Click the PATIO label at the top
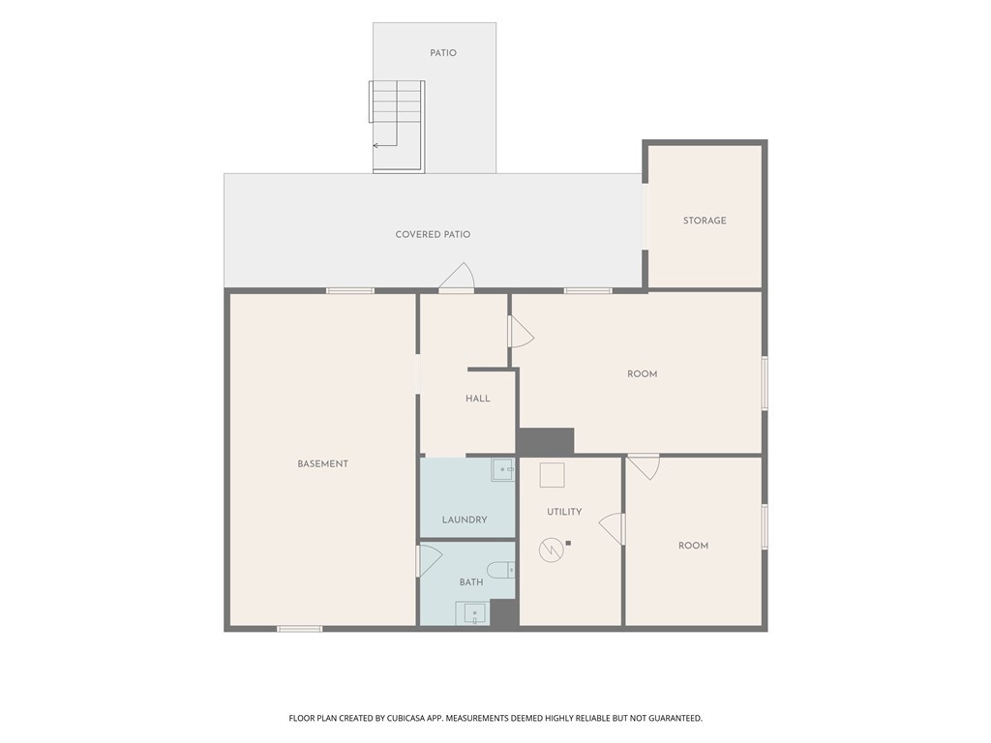coord(443,53)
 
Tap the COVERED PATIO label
coord(433,234)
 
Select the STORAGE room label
coord(705,221)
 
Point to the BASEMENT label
coord(323,463)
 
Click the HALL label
coord(478,399)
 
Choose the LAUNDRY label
coord(465,520)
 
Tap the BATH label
coord(471,582)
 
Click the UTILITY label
coord(564,512)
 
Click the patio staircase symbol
coord(397,126)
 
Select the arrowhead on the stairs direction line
coord(375,145)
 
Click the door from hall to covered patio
coord(457,278)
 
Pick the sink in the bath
coord(472,613)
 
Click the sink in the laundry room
coord(503,470)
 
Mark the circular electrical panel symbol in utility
coord(551,550)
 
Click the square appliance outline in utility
coord(552,475)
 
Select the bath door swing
coord(429,561)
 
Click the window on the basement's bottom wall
coord(300,629)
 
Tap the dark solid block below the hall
coord(546,441)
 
